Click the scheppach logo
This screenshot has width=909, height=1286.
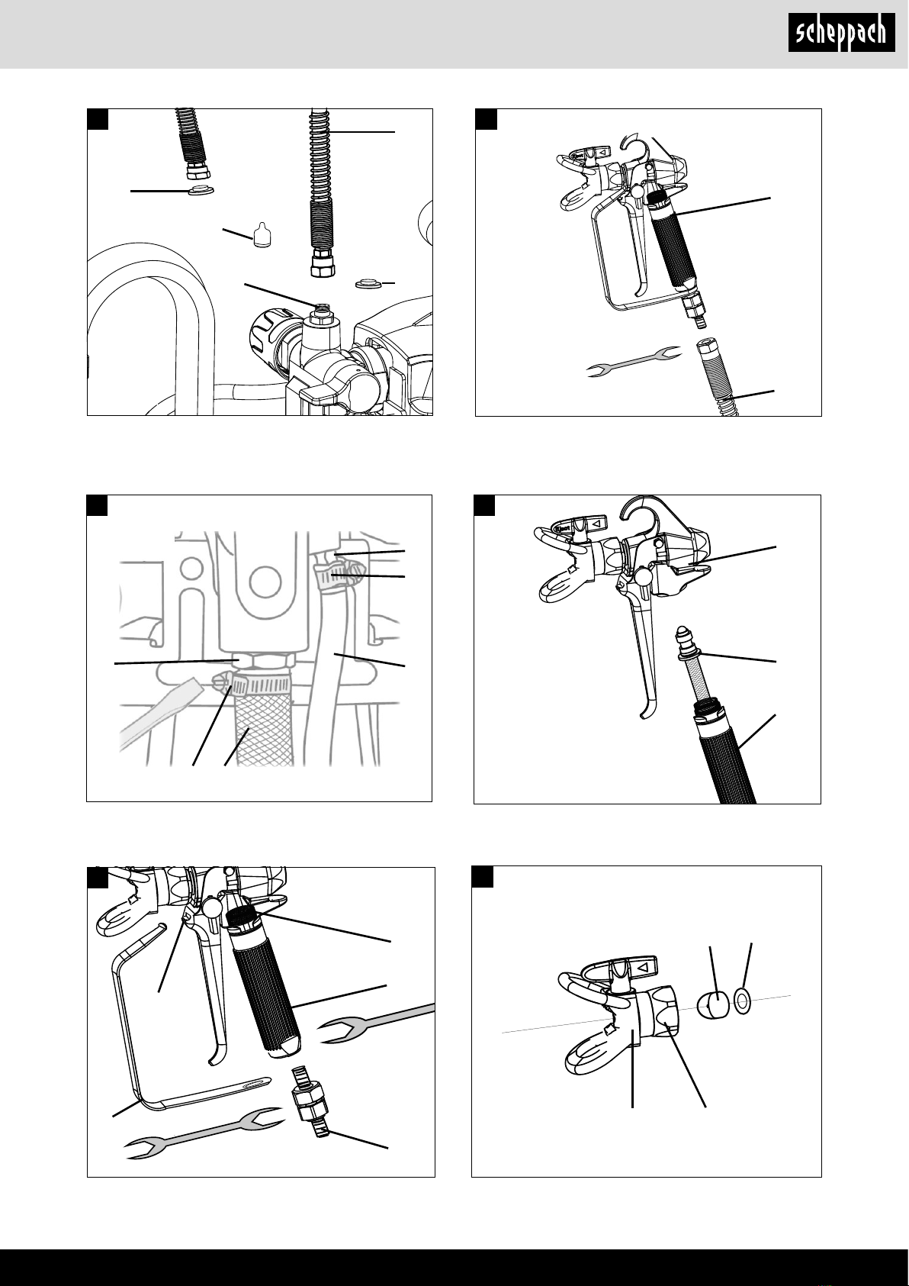click(x=841, y=33)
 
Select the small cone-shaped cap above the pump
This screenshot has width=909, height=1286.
click(x=262, y=235)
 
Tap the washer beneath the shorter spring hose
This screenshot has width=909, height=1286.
click(x=201, y=189)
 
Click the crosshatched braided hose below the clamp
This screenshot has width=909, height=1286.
click(x=264, y=729)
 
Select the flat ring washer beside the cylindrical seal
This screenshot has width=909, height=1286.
click(x=742, y=1002)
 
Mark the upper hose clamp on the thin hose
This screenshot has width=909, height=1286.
click(x=339, y=575)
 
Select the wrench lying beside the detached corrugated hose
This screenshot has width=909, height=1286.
click(x=634, y=362)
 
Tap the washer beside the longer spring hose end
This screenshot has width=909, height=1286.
click(x=369, y=283)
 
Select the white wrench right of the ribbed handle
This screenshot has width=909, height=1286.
click(x=376, y=1023)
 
